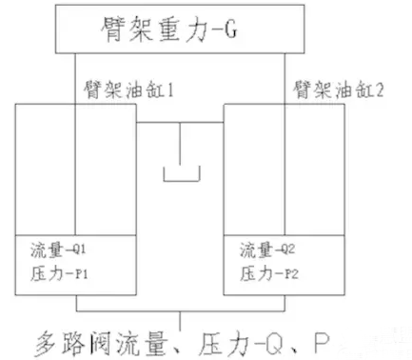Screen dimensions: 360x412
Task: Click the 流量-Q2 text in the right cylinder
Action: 271,252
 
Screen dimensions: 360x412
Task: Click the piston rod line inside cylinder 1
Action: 75,171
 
